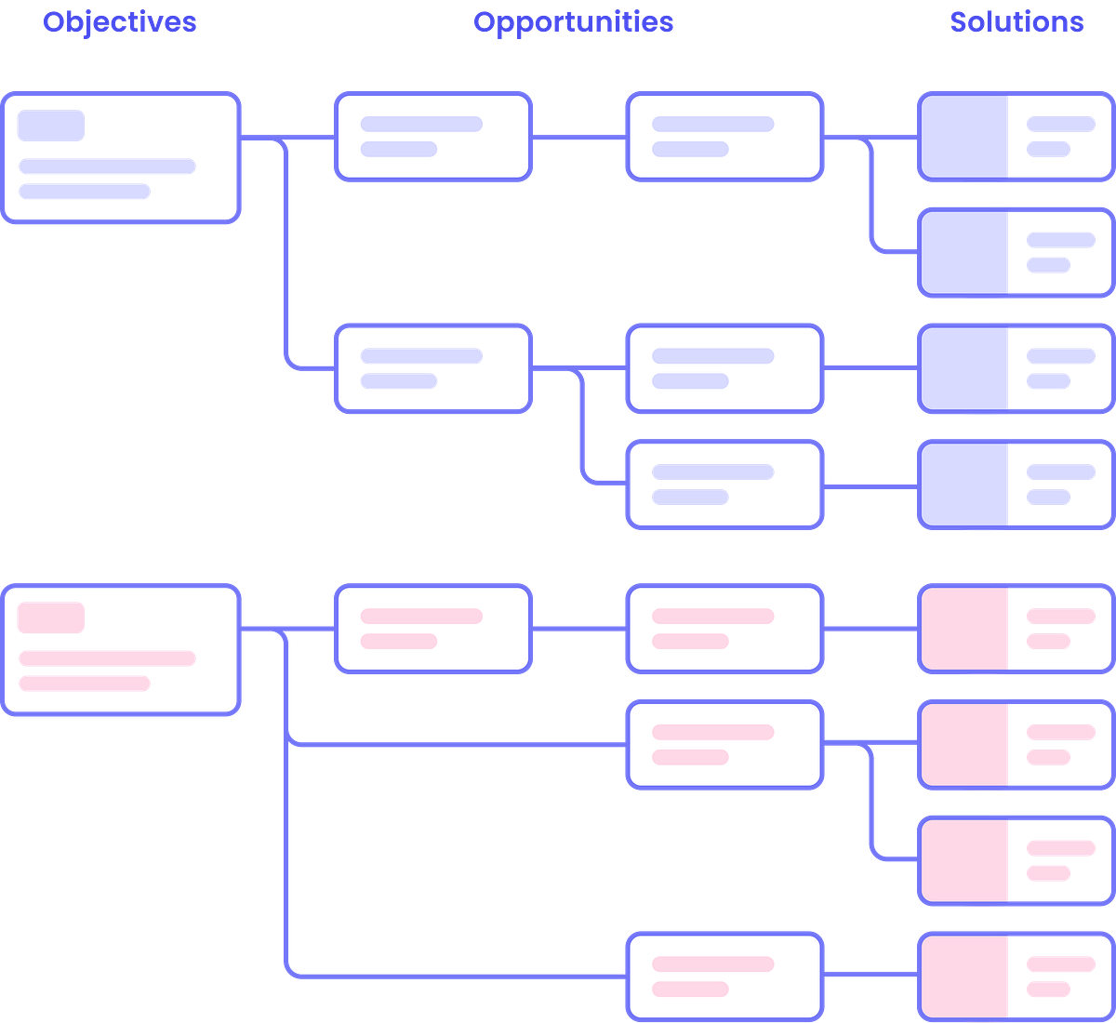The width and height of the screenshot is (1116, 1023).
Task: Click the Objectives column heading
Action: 119,22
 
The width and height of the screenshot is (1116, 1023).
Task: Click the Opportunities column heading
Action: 573,22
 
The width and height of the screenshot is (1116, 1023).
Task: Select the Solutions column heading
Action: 1016,22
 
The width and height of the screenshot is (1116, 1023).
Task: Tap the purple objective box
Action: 121,158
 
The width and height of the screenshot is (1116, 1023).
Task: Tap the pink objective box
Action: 121,650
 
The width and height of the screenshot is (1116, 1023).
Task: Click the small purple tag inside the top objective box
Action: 51,126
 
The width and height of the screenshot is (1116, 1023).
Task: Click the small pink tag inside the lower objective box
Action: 51,618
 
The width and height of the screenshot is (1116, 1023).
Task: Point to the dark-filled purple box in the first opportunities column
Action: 433,368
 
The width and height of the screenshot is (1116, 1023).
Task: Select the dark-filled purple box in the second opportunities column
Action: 724,485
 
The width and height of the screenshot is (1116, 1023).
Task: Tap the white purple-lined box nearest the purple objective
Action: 433,137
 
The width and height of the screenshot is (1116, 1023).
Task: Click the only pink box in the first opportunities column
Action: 433,629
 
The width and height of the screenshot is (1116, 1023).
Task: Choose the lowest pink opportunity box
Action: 724,976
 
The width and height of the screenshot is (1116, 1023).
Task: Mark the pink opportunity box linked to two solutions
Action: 724,745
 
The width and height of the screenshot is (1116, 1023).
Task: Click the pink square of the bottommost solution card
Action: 964,976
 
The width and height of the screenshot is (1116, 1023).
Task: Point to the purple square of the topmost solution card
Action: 964,137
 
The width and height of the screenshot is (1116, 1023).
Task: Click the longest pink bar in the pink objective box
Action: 107,658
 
